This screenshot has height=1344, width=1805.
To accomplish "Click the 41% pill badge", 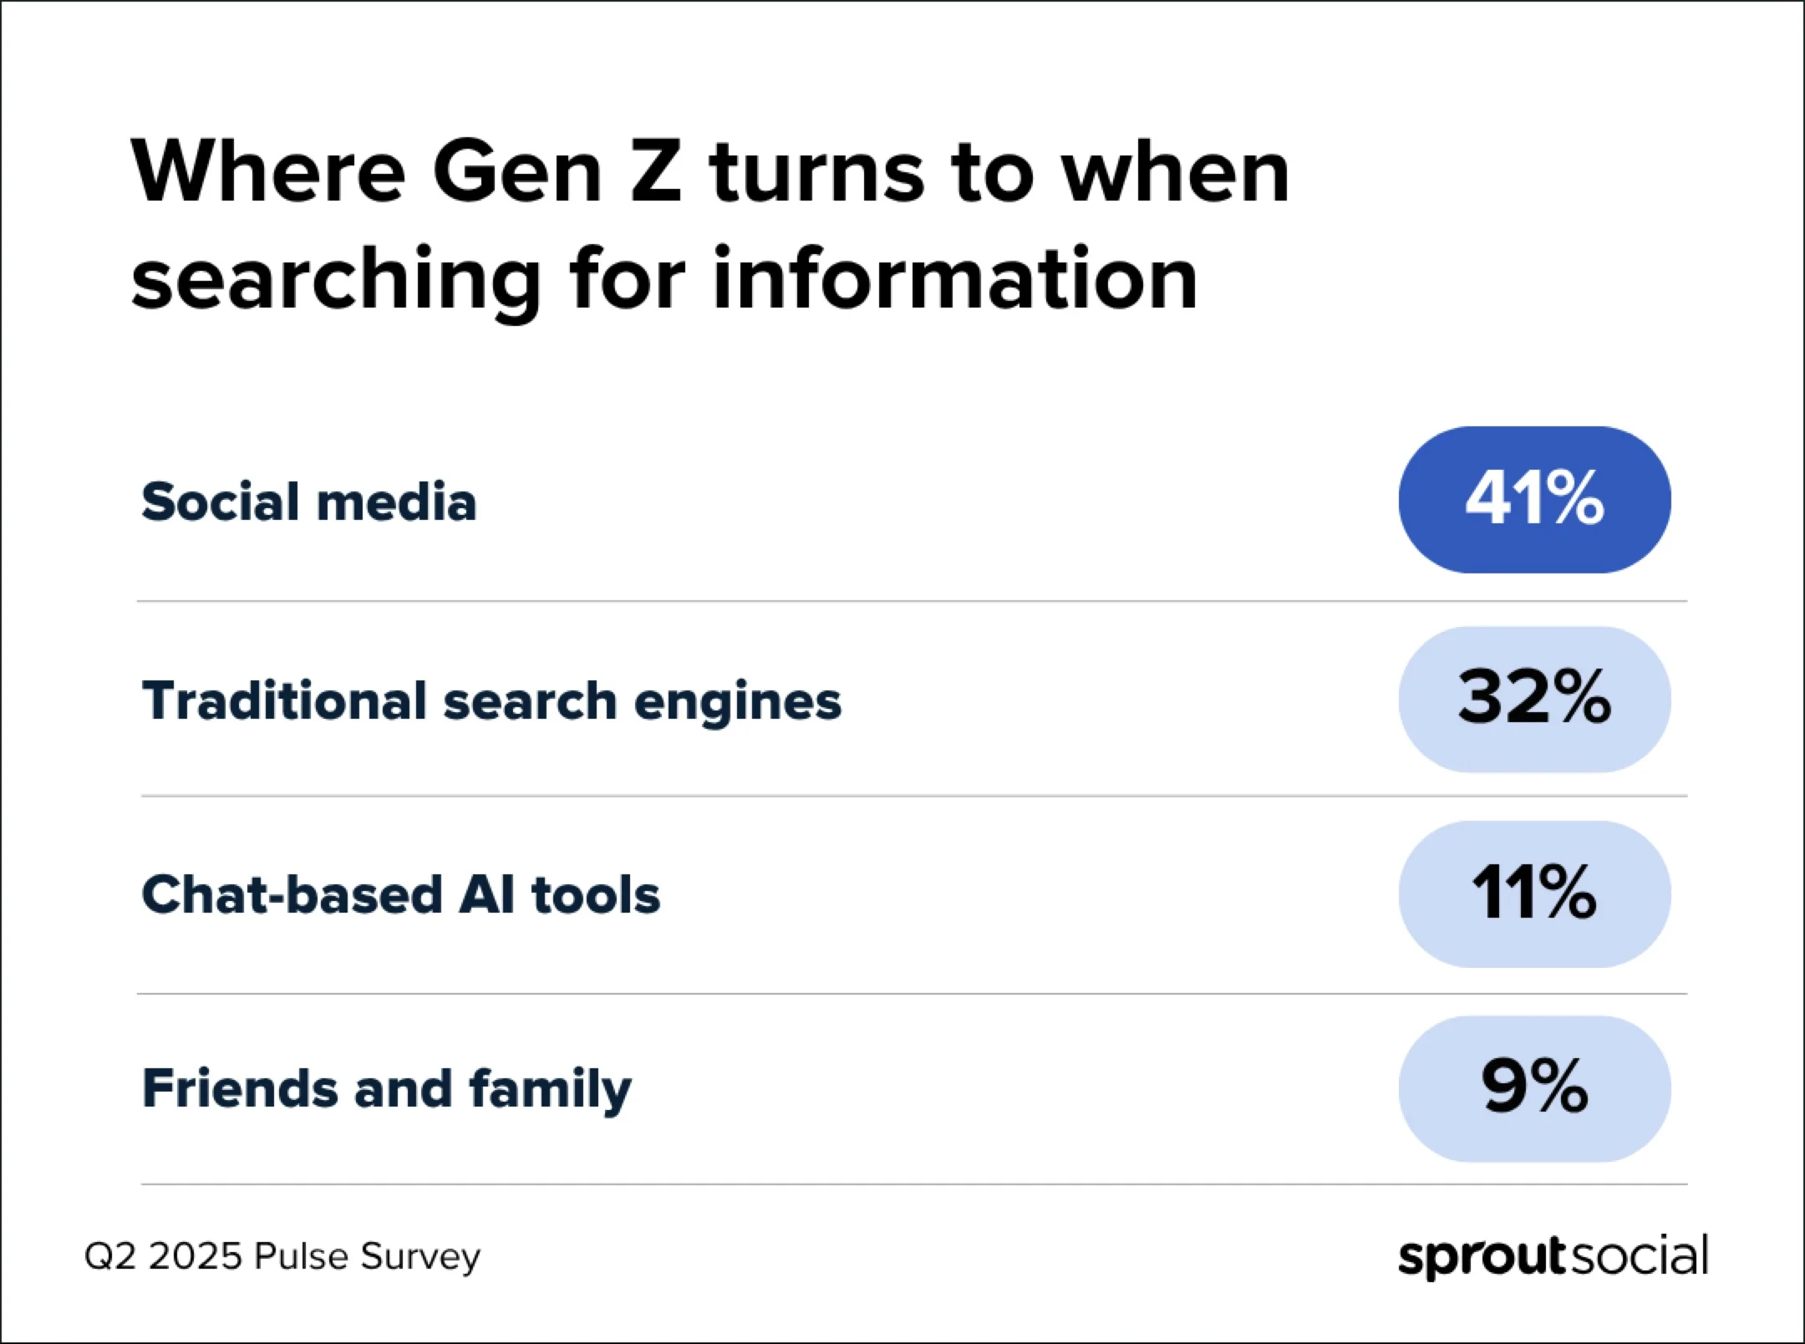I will (1534, 500).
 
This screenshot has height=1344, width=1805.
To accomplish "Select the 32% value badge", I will (1534, 699).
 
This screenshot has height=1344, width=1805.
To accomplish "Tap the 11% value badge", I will (1534, 893).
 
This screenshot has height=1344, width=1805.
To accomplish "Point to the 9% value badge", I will (1534, 1088).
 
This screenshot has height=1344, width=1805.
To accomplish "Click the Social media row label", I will (309, 501).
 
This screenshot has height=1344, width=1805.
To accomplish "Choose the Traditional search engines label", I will (491, 700).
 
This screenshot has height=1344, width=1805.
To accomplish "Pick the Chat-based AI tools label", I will (401, 894).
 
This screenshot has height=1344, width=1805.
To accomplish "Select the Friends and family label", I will (387, 1089).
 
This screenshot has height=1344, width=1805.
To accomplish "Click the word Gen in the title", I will (517, 173).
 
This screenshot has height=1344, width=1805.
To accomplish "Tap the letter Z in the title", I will (657, 173).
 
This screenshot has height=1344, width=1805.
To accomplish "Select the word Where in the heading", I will (267, 173).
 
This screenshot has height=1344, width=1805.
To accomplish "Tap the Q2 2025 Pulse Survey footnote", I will (282, 1256).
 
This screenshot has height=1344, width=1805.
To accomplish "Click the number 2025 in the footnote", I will (195, 1256).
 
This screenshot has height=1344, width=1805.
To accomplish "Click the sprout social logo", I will (1553, 1256).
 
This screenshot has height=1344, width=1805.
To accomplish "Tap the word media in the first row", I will (396, 501).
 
